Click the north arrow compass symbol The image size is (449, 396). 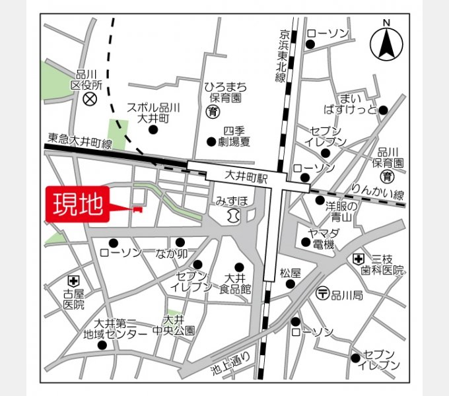coord(387,44)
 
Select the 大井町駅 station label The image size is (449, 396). coord(245,177)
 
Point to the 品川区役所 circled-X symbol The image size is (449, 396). coord(90,99)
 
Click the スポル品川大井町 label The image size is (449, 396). coord(153,113)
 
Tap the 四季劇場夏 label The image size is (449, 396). coord(236,136)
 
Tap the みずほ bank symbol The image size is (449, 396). coord(232,215)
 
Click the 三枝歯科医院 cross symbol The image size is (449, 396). coord(358,258)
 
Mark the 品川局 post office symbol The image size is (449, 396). coord(324,294)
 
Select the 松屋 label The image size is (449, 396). coord(290,272)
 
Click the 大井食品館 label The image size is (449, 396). coord(236,282)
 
